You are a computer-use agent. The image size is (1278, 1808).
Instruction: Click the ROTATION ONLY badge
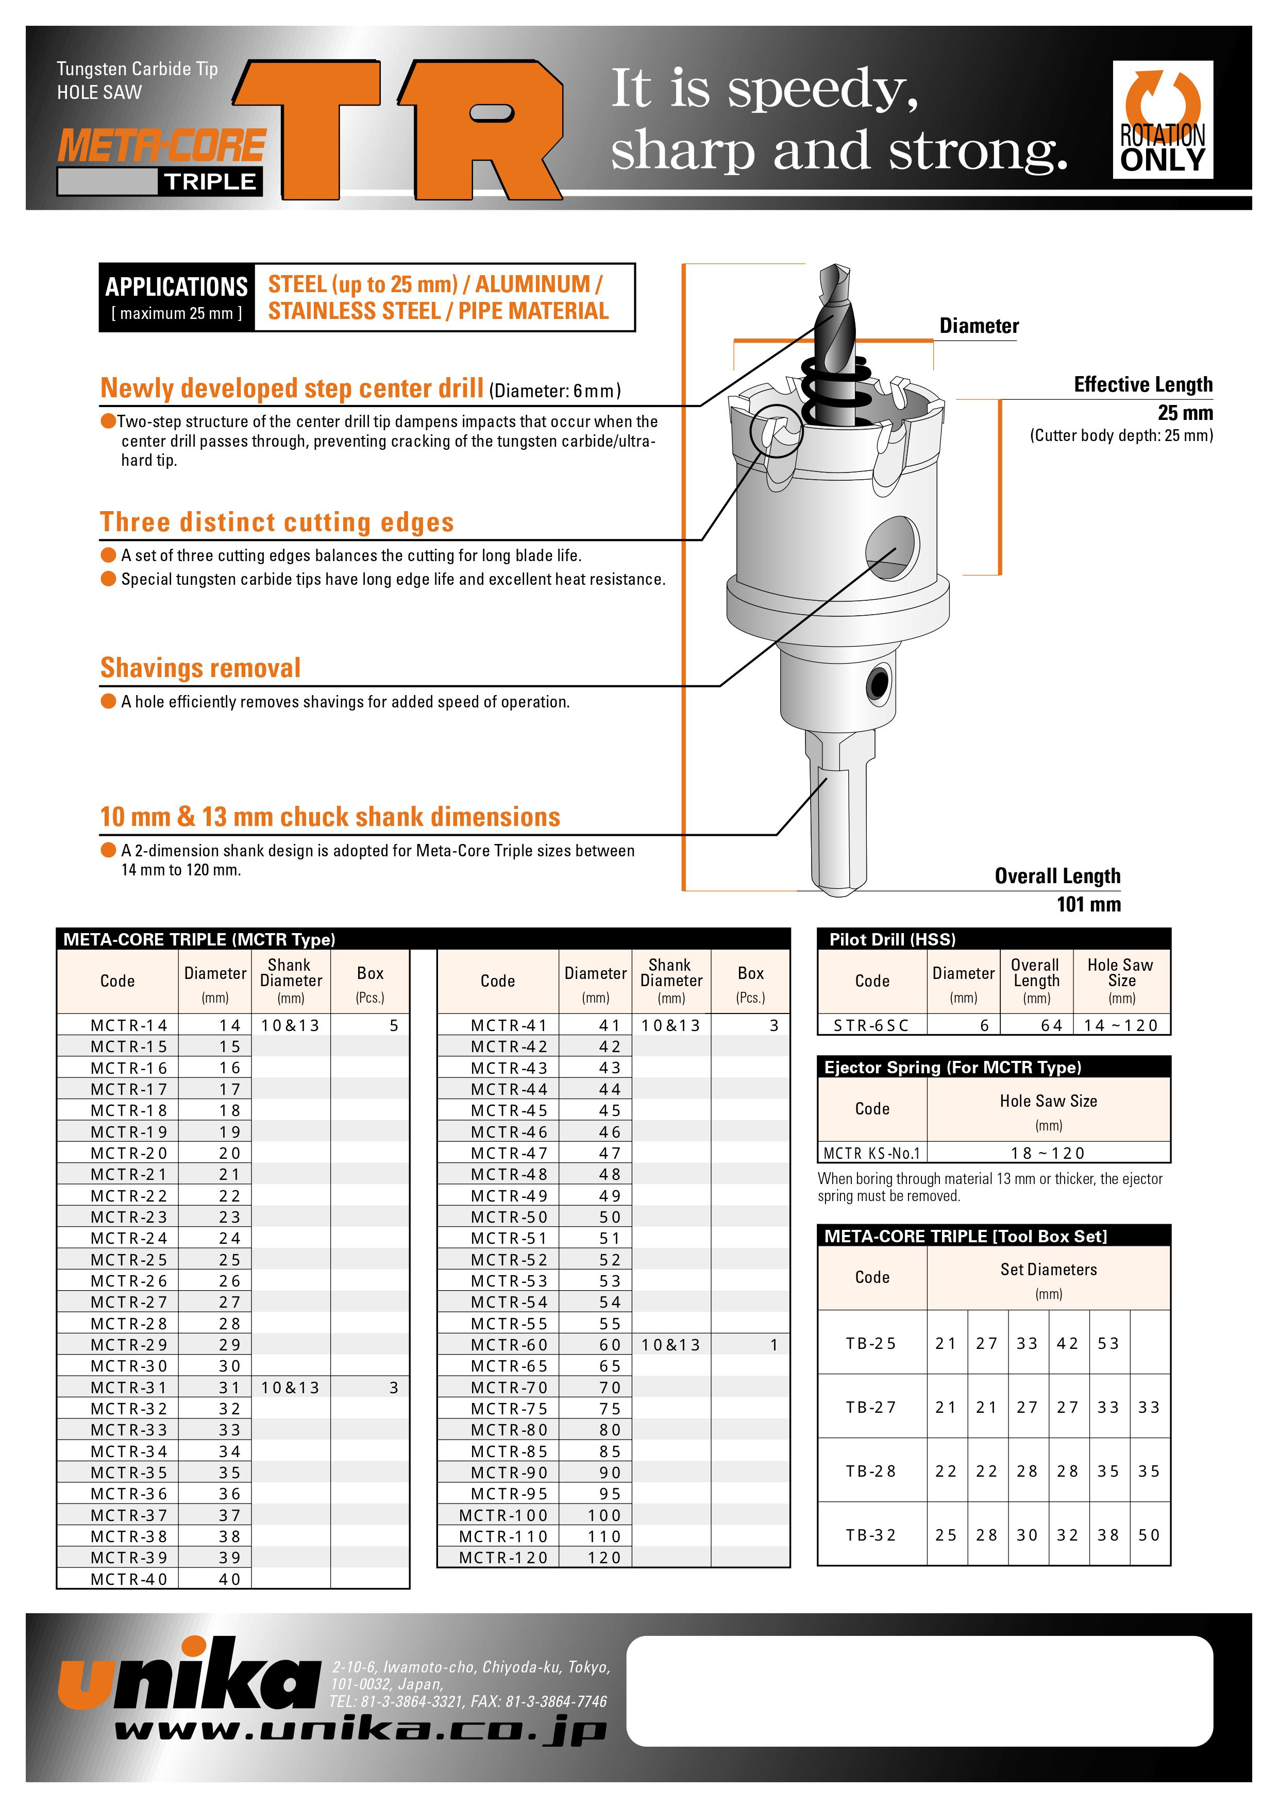tap(1162, 119)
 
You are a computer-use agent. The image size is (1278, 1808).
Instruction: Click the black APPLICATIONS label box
tap(176, 297)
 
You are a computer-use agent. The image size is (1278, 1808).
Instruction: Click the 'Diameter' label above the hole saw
tap(979, 326)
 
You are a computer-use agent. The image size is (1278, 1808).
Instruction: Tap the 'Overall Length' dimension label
tap(1057, 876)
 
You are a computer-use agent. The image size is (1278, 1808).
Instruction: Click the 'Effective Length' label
tap(1142, 385)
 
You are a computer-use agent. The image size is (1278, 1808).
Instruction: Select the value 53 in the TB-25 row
tap(1108, 1343)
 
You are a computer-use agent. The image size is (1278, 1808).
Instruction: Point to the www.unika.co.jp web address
tap(360, 1731)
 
